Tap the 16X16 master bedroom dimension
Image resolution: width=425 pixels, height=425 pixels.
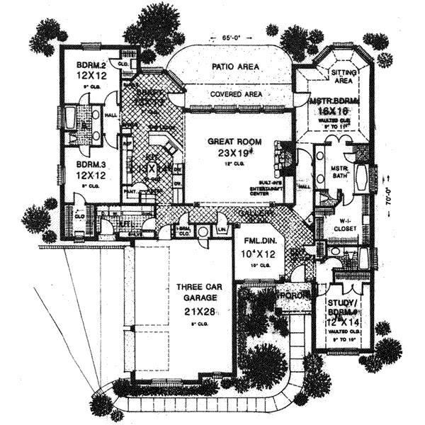[x=333, y=112]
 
